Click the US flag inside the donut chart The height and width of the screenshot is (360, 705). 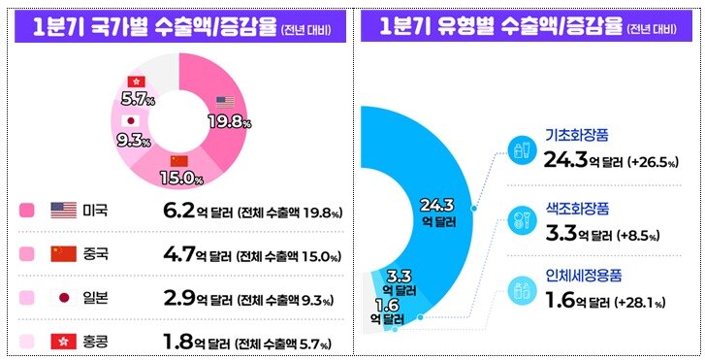point(225,102)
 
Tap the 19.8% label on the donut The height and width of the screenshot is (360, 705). point(230,121)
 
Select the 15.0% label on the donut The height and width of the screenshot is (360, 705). point(185,178)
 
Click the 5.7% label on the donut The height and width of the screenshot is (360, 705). point(138,98)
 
